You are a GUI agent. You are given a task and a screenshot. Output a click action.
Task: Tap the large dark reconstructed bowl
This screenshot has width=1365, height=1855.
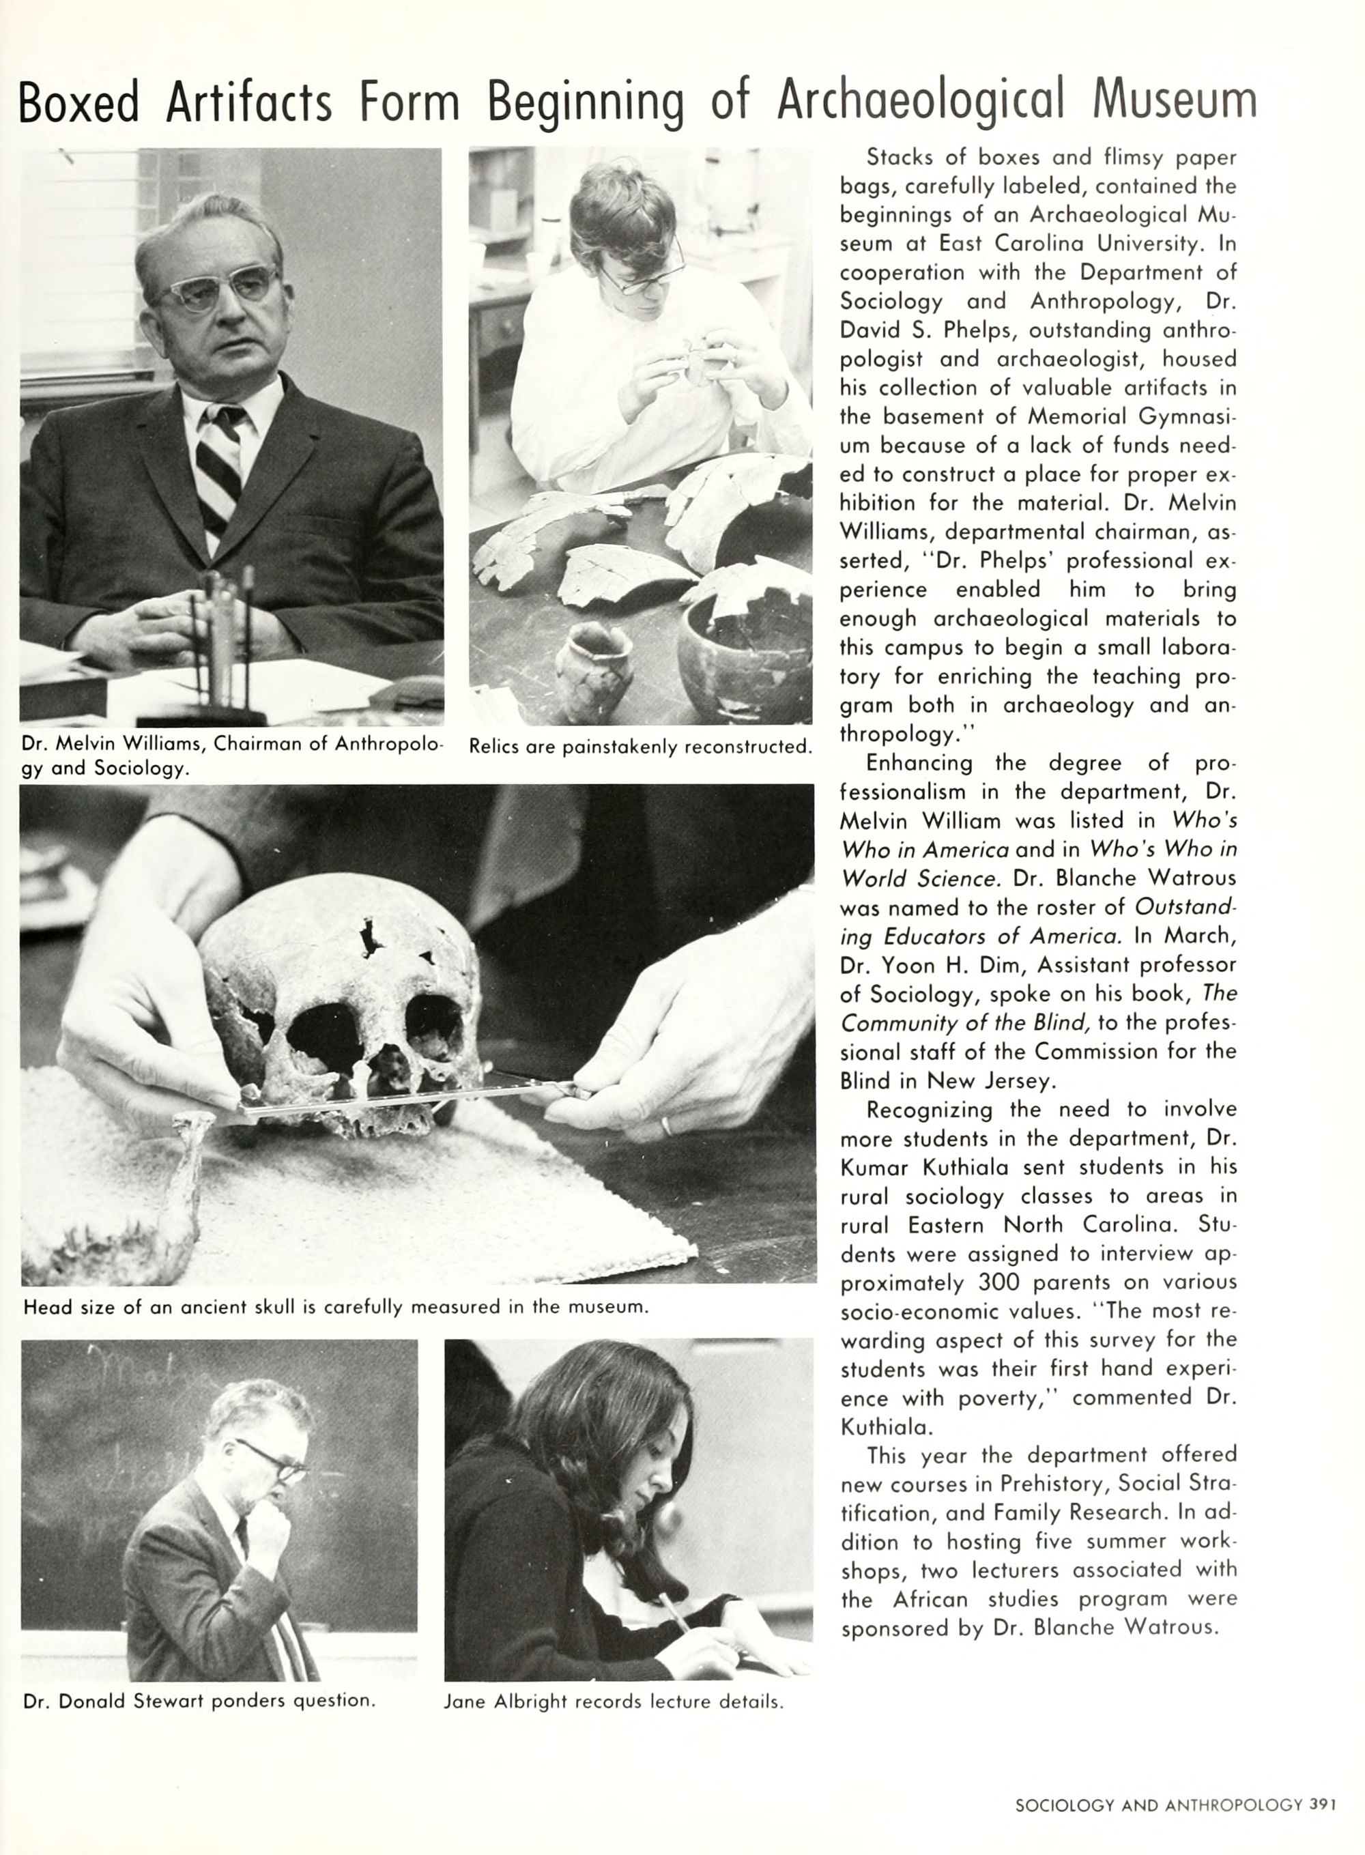744,652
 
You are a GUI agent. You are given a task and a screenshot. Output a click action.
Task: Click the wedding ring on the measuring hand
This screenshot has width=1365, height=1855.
665,1125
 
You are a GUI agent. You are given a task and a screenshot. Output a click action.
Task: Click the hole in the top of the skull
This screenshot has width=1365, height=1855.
369,938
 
